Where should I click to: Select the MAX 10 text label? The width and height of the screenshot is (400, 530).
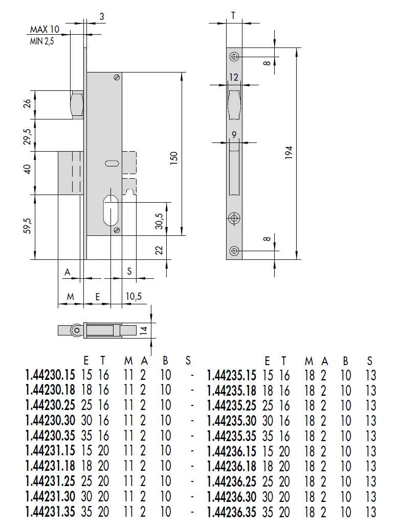[45, 30]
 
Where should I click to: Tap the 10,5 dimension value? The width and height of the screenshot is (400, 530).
[134, 296]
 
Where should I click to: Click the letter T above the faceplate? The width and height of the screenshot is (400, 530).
[233, 16]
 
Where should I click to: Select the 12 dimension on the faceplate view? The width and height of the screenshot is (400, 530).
[234, 78]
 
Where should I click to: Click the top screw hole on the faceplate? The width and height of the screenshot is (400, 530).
[234, 56]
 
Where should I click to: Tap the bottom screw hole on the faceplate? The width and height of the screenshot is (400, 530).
[234, 251]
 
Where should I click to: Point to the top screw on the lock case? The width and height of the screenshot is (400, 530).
[117, 78]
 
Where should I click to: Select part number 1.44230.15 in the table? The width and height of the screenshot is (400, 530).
[50, 376]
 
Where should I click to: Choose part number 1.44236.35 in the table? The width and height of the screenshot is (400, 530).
[231, 512]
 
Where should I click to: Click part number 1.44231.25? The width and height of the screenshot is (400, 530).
[50, 481]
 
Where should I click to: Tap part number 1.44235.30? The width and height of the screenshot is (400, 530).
[231, 421]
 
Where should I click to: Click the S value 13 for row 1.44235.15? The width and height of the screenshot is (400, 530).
[371, 376]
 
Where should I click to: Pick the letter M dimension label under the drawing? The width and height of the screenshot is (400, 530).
[70, 296]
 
